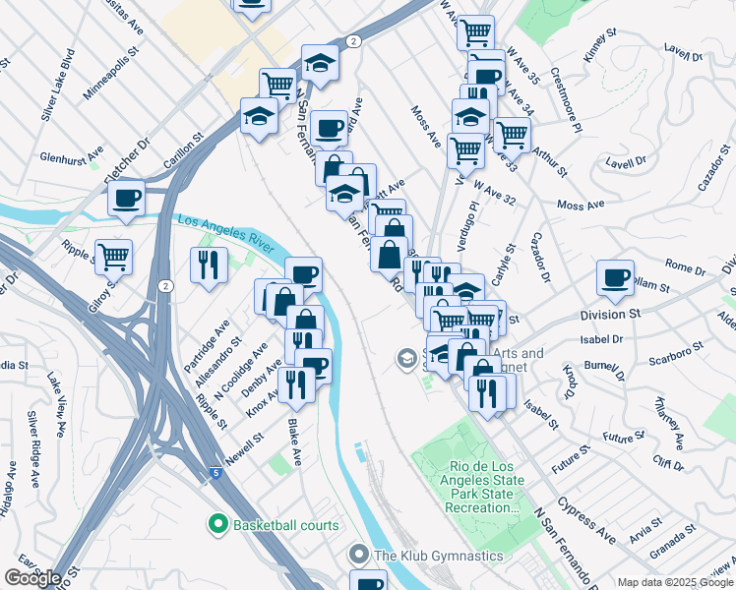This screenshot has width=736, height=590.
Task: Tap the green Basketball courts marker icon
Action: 216,525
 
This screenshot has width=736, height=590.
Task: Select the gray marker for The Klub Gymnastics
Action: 360,556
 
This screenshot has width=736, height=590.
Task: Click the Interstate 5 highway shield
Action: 215,474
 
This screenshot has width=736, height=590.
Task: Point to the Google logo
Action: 32,578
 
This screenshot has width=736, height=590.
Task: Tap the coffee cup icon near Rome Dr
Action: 615,277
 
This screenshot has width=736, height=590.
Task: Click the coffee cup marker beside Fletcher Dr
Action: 126,199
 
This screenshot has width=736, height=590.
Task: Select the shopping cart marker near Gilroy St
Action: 113,257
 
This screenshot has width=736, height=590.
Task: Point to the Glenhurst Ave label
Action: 72,155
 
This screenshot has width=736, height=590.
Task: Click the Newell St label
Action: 245,442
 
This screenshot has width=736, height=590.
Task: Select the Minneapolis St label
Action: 112,77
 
